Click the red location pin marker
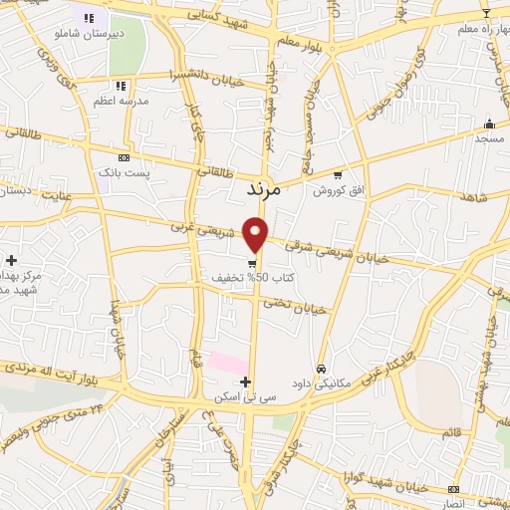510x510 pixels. (256, 234)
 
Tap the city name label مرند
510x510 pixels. (265, 186)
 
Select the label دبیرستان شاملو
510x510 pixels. (90, 32)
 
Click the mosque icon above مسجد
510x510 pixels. (489, 125)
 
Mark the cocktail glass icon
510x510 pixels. (486, 13)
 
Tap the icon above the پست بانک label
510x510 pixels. (124, 157)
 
